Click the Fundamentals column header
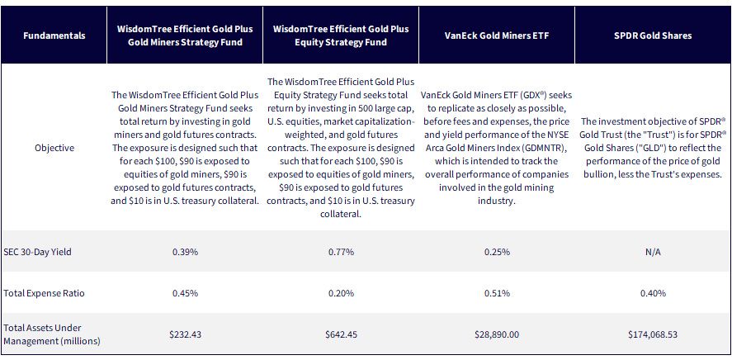(x=54, y=36)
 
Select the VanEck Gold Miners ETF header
(x=496, y=36)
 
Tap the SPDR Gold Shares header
(x=653, y=36)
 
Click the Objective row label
(x=54, y=148)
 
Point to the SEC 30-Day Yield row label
(x=37, y=252)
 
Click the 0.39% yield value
(x=186, y=252)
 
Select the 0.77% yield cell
(x=341, y=252)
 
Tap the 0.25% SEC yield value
(x=497, y=252)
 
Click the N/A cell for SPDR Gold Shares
(x=653, y=252)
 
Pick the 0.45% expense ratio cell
(x=186, y=293)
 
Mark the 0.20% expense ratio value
(x=341, y=293)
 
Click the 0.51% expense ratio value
(x=497, y=293)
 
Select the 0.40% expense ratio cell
(x=653, y=293)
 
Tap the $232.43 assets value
(x=186, y=334)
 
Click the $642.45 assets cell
(x=341, y=334)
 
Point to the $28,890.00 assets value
(x=497, y=334)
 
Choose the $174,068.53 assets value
(x=653, y=334)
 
